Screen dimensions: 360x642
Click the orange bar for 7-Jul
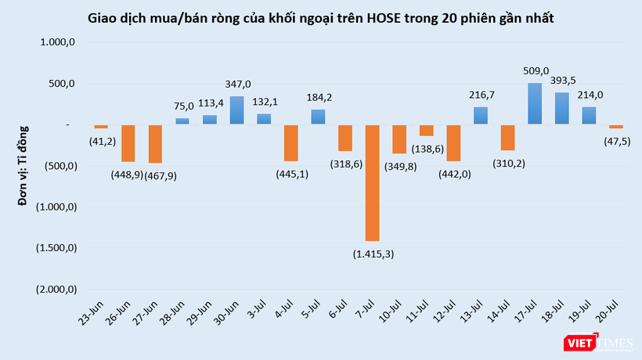(x=372, y=182)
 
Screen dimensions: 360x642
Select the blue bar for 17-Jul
(x=535, y=103)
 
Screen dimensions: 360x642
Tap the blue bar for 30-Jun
(x=236, y=110)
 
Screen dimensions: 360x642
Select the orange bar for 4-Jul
(x=290, y=142)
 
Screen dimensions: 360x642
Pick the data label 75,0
(x=182, y=106)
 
